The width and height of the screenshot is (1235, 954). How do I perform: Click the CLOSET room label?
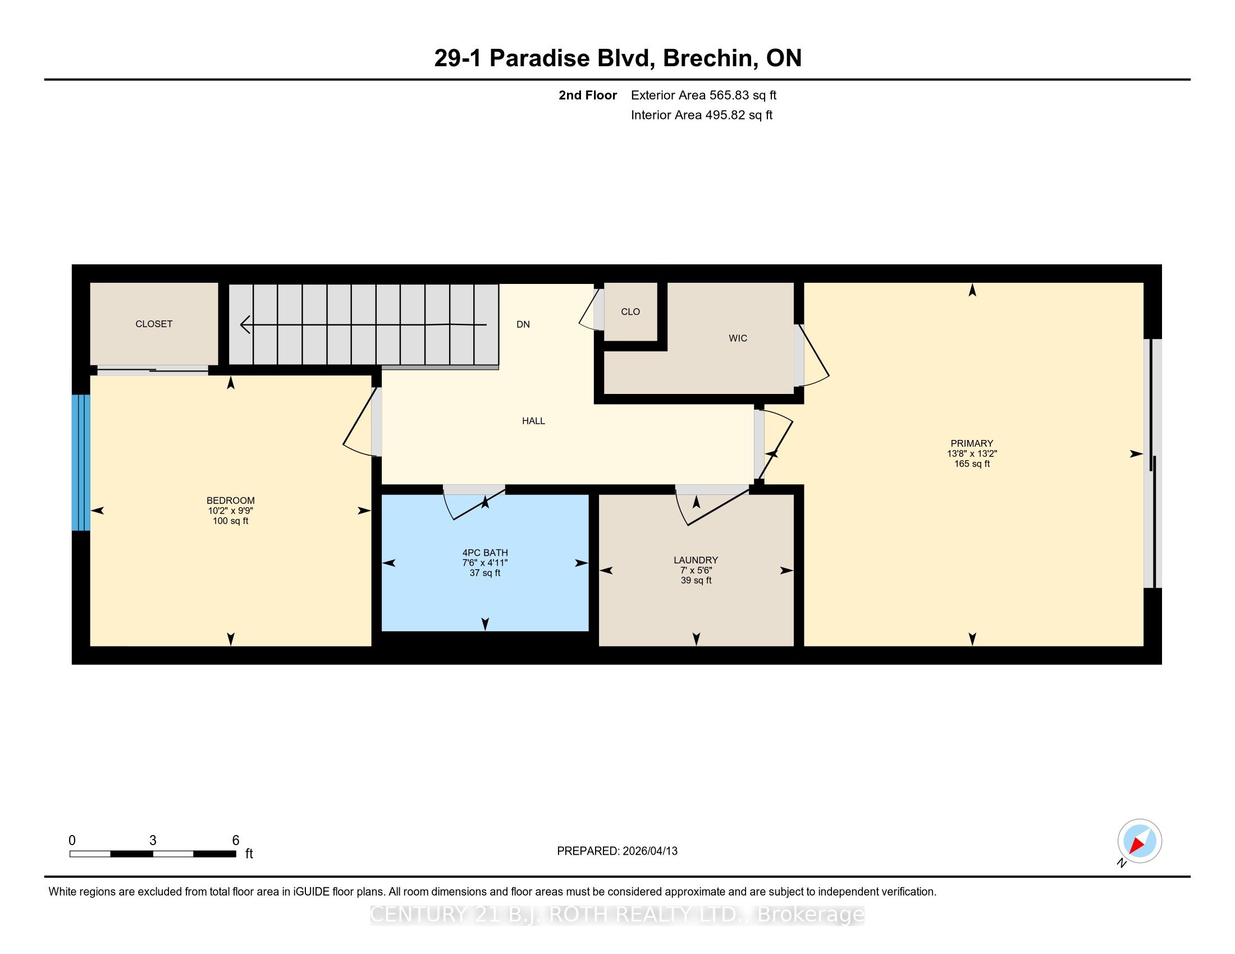pyautogui.click(x=154, y=324)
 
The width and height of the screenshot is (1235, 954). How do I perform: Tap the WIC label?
pyautogui.click(x=738, y=338)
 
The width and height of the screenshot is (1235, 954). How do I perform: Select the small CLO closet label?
pyautogui.click(x=630, y=311)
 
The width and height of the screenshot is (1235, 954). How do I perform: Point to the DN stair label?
pyautogui.click(x=523, y=324)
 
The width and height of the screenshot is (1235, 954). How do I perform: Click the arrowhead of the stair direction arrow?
pyautogui.click(x=245, y=324)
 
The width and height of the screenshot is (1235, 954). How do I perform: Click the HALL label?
pyautogui.click(x=533, y=420)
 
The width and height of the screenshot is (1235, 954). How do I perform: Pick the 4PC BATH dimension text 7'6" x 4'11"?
pyautogui.click(x=485, y=563)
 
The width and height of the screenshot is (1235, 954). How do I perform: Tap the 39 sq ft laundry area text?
pyautogui.click(x=696, y=580)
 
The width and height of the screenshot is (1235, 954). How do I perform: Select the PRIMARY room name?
pyautogui.click(x=972, y=444)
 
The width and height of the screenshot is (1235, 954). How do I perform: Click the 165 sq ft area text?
pyautogui.click(x=972, y=464)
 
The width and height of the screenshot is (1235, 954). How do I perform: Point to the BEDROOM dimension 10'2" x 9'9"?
pyautogui.click(x=231, y=511)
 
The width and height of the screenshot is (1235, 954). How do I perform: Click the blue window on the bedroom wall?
pyautogui.click(x=81, y=462)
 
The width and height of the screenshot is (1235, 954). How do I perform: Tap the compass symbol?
pyautogui.click(x=1140, y=842)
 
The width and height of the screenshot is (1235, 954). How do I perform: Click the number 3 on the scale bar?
pyautogui.click(x=153, y=841)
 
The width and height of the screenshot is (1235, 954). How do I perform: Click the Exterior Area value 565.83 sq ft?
pyautogui.click(x=743, y=95)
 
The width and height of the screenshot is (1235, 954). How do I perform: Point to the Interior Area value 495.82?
pyautogui.click(x=723, y=115)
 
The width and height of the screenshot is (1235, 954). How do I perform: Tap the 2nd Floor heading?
pyautogui.click(x=588, y=95)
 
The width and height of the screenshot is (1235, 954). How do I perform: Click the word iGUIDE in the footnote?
pyautogui.click(x=311, y=892)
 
